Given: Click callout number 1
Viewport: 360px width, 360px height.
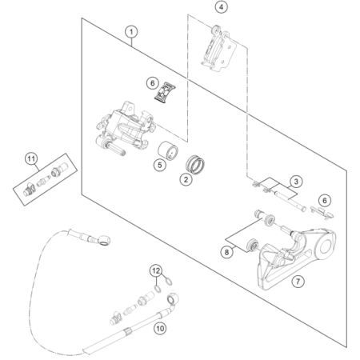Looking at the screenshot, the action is tap(131, 32).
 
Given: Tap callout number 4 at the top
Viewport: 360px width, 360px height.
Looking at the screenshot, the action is tap(222, 7).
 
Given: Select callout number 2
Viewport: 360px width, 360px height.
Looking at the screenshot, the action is tap(186, 179).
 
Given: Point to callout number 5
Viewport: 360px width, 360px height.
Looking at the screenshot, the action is tap(160, 165).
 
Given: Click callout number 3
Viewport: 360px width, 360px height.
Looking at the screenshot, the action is tap(296, 182).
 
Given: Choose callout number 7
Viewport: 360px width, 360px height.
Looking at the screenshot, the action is tap(298, 281).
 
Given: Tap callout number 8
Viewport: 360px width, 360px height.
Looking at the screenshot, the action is tap(226, 252).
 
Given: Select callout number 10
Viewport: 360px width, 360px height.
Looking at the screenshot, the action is tap(160, 328).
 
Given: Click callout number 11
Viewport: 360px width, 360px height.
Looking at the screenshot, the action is tap(31, 159).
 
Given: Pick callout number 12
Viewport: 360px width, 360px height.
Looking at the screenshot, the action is tap(156, 271).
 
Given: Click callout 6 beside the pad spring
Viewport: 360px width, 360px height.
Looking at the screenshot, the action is tap(153, 83).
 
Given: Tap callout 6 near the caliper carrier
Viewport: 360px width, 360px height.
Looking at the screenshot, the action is tap(325, 201).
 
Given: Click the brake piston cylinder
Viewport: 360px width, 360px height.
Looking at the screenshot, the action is tap(168, 150).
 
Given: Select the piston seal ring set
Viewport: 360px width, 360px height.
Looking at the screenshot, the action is tap(195, 165).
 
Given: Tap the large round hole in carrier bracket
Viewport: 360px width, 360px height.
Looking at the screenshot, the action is tap(326, 246).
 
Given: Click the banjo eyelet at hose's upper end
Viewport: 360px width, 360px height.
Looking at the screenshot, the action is tap(103, 240).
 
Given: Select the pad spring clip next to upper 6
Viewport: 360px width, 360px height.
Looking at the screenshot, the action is tap(165, 92).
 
